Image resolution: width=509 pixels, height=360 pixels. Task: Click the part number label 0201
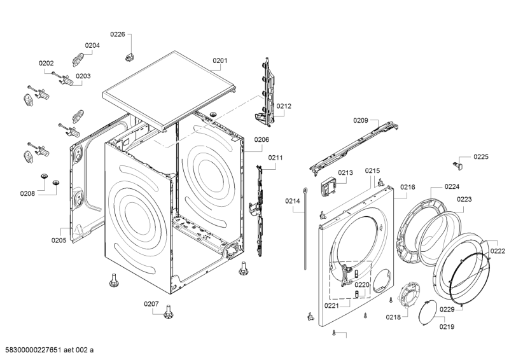point(220,60)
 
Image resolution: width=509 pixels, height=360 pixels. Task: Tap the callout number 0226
point(118,34)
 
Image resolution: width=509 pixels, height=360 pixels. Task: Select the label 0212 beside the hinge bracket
point(284,106)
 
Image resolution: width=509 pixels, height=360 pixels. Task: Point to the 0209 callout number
point(361,120)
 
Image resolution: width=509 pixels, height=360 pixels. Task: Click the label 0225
point(481,157)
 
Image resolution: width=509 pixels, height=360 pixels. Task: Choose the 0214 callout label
point(293,201)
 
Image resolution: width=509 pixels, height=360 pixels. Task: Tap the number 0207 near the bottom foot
point(151,304)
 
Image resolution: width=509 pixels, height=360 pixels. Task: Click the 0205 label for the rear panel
point(59,240)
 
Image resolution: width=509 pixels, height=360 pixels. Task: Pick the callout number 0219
point(447,326)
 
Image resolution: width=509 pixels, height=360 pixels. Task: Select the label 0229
point(447,309)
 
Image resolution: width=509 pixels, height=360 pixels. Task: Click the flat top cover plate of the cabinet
point(169,91)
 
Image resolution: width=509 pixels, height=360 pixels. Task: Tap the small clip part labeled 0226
point(130,57)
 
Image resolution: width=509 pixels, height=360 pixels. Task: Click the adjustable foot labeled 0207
point(168,312)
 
